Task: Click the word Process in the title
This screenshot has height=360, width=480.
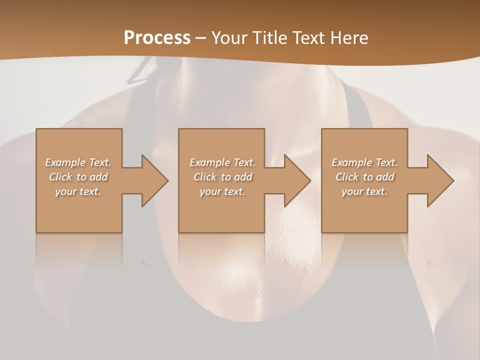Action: click(x=157, y=37)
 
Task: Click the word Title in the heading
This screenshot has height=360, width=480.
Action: click(x=268, y=37)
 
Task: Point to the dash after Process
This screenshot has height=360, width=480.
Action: click(x=201, y=38)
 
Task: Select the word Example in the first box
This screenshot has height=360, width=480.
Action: click(x=65, y=162)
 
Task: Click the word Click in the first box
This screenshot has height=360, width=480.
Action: click(x=61, y=177)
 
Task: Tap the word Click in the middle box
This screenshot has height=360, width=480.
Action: click(x=205, y=177)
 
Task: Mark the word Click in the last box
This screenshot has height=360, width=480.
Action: click(x=347, y=177)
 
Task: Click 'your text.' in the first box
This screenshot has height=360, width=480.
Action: click(x=78, y=191)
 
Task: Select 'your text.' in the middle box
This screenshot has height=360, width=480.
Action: click(x=222, y=191)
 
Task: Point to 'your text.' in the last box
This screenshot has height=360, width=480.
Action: click(x=364, y=191)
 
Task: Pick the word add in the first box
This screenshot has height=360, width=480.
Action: click(x=98, y=177)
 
